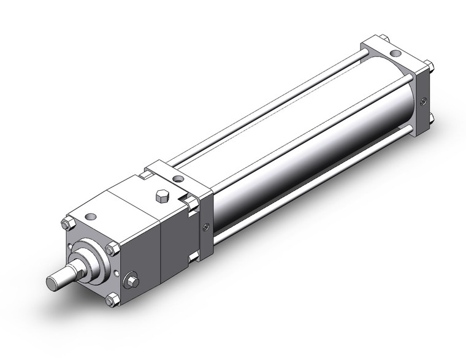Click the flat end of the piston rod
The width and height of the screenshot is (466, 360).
point(54,283)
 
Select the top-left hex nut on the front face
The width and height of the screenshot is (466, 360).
point(67,224)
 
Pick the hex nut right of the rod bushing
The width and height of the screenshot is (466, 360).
point(111,249)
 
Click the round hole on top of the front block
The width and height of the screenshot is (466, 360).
point(91,216)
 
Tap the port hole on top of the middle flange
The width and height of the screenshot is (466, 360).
point(178,178)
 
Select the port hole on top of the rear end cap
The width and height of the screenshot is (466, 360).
point(395,53)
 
